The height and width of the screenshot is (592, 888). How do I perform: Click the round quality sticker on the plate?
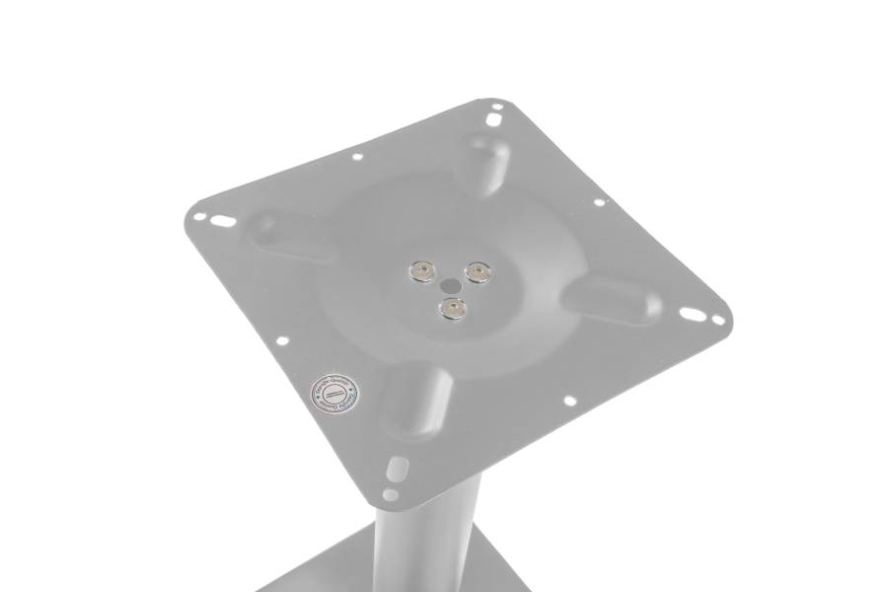(x=335, y=393)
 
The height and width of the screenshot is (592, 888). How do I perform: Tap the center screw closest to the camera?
(x=453, y=309)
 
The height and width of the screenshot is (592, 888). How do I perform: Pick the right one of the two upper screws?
(x=479, y=271)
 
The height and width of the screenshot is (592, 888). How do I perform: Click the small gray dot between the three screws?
(x=450, y=283)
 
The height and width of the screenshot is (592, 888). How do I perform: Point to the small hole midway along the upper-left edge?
(x=356, y=156)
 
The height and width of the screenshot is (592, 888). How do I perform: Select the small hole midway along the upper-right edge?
(x=598, y=203)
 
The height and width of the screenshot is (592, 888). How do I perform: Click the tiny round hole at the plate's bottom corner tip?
(x=390, y=493)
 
